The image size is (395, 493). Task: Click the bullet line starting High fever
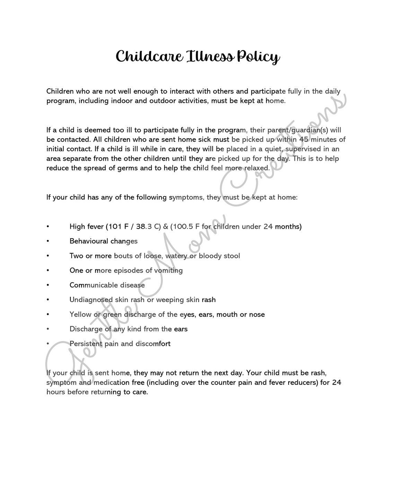click(185, 227)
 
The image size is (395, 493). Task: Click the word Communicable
click(94, 285)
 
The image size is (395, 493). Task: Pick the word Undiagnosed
click(91, 300)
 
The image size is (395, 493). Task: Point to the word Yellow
click(80, 315)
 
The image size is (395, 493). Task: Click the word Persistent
click(86, 344)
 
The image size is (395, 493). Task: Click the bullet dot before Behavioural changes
click(48, 241)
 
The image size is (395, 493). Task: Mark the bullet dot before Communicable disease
click(48, 285)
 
